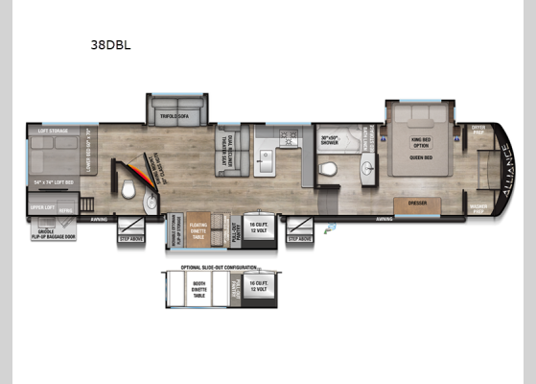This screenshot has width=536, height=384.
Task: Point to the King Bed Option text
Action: tap(421, 140)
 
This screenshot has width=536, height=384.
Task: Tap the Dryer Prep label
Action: tap(478, 130)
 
